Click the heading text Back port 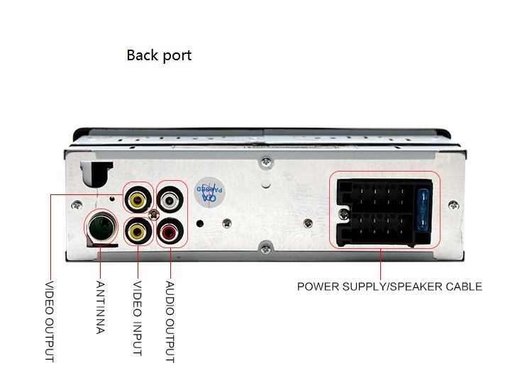coord(159,55)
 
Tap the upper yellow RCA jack coord(138,200)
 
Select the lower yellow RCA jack coord(138,232)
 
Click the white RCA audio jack coord(170,200)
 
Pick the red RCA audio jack coord(170,232)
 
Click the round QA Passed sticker coord(209,193)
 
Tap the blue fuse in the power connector coord(423,210)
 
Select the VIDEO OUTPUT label coord(50,321)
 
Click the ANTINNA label coord(100,307)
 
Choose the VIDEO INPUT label coord(137,318)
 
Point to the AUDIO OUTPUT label coord(170,321)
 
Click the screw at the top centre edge coord(266,162)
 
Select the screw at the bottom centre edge coord(266,250)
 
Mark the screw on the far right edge coord(454,205)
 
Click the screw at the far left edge coord(77,205)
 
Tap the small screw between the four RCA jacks coord(154,214)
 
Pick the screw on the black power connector coord(344,214)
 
